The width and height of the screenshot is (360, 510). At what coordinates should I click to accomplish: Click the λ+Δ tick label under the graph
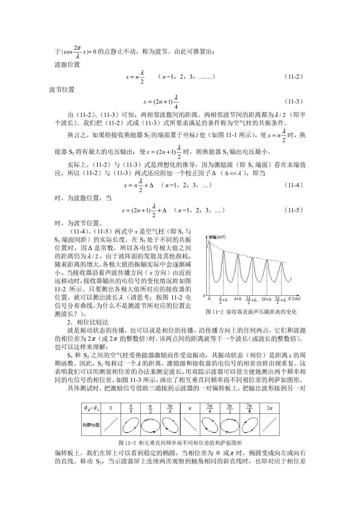pos(238,299)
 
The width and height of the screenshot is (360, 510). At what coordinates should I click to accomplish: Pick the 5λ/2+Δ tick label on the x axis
pos(280,300)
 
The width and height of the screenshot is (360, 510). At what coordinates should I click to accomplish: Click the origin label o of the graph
pos(204,295)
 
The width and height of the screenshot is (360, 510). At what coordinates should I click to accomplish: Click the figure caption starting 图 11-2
pos(251,312)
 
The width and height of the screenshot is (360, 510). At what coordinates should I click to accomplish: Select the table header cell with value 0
pos(111,408)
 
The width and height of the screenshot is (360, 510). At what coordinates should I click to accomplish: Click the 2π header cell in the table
pos(270,408)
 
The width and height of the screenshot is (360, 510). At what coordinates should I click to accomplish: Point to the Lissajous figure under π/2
pos(151,426)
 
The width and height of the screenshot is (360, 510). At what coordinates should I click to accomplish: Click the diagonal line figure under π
pos(190,425)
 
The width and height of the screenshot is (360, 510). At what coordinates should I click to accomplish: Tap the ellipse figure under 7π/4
pos(250,425)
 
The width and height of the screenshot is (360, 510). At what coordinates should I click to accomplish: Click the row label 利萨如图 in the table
pos(91,425)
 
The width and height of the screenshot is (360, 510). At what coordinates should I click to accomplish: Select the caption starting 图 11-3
pos(180,442)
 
